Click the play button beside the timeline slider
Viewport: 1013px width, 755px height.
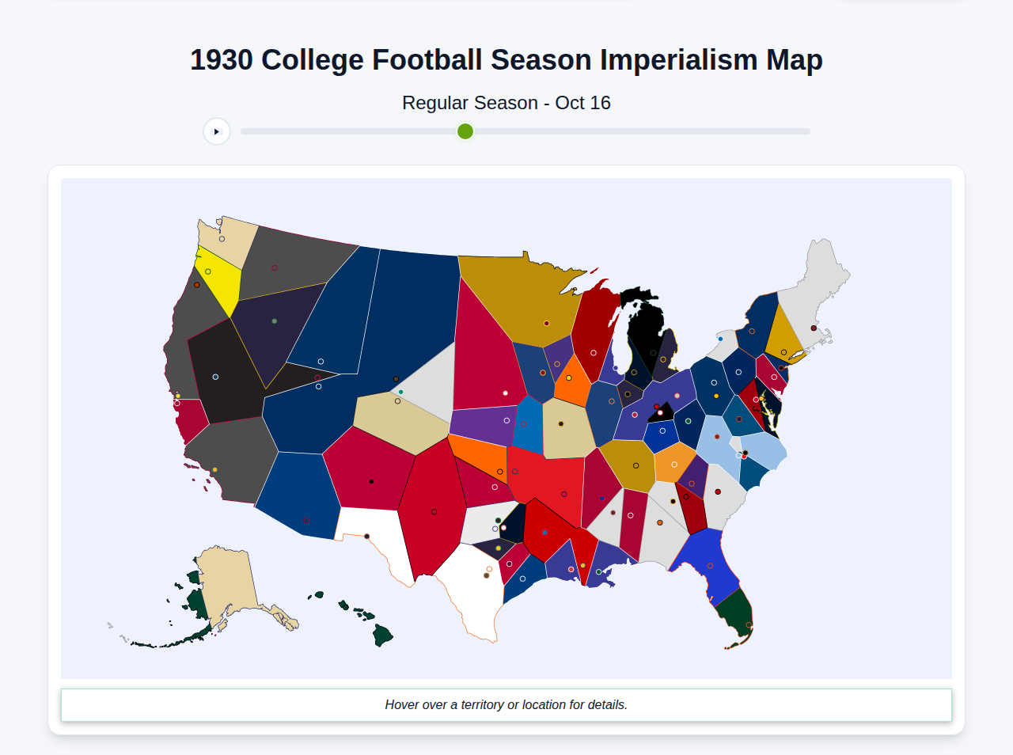(217, 131)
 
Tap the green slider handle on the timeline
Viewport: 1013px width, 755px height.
(465, 131)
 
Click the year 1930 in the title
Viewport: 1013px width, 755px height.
(222, 60)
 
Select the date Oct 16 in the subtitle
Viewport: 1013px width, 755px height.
(582, 103)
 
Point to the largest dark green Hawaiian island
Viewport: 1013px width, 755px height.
(382, 635)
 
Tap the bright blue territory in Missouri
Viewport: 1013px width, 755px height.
(529, 427)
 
